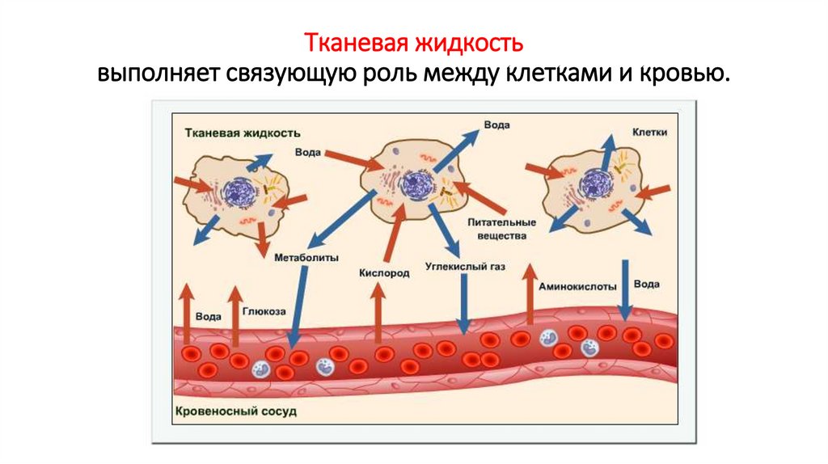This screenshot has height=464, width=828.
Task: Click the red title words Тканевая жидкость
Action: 413,42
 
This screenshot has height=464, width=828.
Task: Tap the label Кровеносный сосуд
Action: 235,411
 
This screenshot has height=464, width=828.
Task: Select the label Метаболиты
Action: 298,258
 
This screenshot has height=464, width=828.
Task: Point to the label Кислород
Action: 384,273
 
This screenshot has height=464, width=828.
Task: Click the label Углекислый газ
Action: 464,265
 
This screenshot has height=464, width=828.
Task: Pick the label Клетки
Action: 648,132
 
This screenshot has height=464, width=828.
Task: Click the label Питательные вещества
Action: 501,229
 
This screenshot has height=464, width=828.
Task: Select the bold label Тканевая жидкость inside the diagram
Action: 243,132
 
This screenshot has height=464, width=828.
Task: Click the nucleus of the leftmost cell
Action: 239,192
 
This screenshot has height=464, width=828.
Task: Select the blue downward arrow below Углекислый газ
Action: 464,303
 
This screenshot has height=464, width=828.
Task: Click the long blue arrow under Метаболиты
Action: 298,307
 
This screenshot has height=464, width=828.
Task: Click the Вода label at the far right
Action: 646,285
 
